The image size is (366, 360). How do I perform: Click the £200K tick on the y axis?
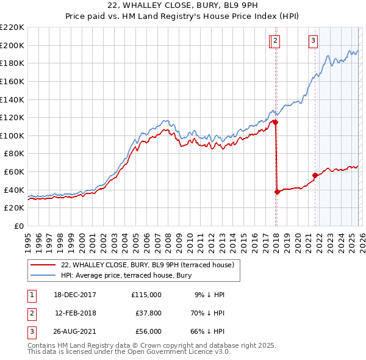pos(12,45)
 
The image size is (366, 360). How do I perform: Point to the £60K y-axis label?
pos(14,172)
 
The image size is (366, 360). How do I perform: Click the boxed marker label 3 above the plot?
pos(313,41)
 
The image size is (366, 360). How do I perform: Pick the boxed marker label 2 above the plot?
pos(275,41)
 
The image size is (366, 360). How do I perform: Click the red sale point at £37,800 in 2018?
pos(277,192)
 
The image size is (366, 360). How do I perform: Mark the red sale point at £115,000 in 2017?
pos(275,122)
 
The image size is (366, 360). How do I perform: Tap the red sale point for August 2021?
pos(315,175)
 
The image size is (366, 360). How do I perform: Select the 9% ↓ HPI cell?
pos(209,295)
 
